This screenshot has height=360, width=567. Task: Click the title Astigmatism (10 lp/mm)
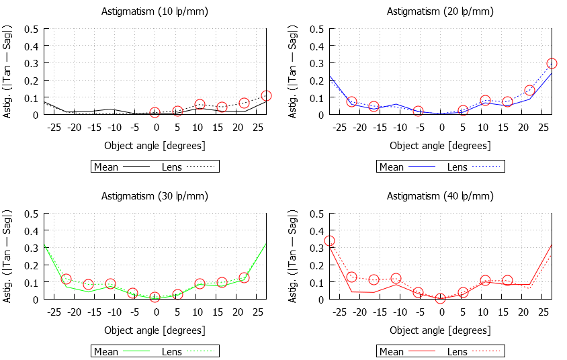coord(155,11)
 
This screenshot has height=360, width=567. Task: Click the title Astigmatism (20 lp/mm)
coord(440,11)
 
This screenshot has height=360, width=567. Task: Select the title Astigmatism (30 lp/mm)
coord(155,196)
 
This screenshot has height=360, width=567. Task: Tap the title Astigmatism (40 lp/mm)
coord(440,196)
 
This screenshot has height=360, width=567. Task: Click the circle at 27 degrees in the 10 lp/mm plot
coord(266,96)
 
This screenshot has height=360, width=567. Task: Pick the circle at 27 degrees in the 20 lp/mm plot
coord(552,64)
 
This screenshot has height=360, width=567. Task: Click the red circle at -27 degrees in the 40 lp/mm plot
coord(329,240)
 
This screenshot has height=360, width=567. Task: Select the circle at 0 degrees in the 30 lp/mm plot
coord(155,297)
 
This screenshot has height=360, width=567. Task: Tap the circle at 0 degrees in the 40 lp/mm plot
coord(441,298)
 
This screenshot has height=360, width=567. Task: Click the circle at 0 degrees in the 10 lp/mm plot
coord(155,112)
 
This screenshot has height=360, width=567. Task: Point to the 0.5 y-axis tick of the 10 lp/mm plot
coord(31,30)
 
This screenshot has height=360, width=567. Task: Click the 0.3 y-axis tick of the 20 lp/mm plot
coord(316,64)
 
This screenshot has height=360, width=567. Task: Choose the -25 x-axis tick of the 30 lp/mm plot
coord(54,312)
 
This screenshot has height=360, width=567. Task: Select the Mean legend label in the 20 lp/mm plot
coord(392,167)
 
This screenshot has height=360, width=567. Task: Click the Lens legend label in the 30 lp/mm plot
coord(172,351)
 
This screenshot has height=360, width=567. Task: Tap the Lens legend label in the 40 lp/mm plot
coord(457,351)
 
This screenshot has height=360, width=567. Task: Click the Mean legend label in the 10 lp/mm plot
coord(106,167)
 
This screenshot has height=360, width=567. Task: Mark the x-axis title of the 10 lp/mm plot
coord(155,145)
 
